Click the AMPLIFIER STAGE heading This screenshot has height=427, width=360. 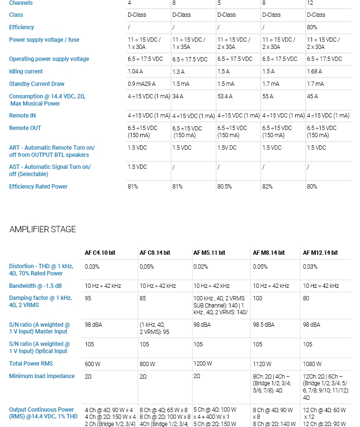(x=43, y=229)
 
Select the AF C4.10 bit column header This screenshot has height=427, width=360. (x=100, y=253)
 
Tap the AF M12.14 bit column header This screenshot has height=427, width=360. (x=320, y=253)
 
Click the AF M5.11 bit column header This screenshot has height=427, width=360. (x=209, y=253)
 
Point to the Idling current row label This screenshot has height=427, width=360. (x=26, y=71)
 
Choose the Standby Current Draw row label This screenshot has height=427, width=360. (x=36, y=84)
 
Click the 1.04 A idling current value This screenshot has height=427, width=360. (x=135, y=71)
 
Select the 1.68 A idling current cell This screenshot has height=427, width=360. (x=314, y=71)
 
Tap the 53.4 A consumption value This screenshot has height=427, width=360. (x=225, y=96)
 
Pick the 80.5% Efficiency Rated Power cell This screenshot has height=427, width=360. (x=225, y=187)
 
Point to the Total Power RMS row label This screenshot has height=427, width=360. (x=31, y=364)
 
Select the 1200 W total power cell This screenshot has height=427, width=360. (x=203, y=364)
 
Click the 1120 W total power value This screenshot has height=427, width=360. (x=262, y=364)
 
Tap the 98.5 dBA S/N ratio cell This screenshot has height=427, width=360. (x=264, y=325)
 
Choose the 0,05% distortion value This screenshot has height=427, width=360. (x=147, y=266)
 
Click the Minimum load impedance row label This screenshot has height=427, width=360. (x=42, y=376)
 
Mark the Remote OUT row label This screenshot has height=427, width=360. (x=25, y=128)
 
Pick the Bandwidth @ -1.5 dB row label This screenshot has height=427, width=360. (x=36, y=286)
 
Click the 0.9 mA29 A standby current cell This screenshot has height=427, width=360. (x=142, y=84)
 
